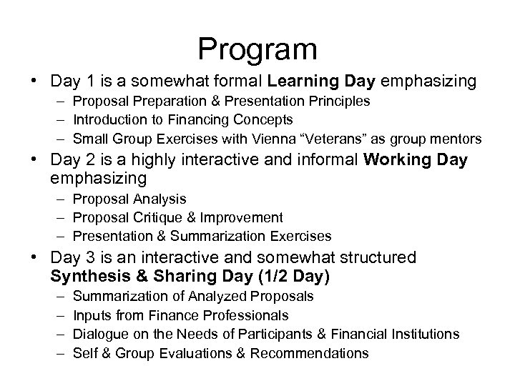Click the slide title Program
257,49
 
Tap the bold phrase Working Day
415,159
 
